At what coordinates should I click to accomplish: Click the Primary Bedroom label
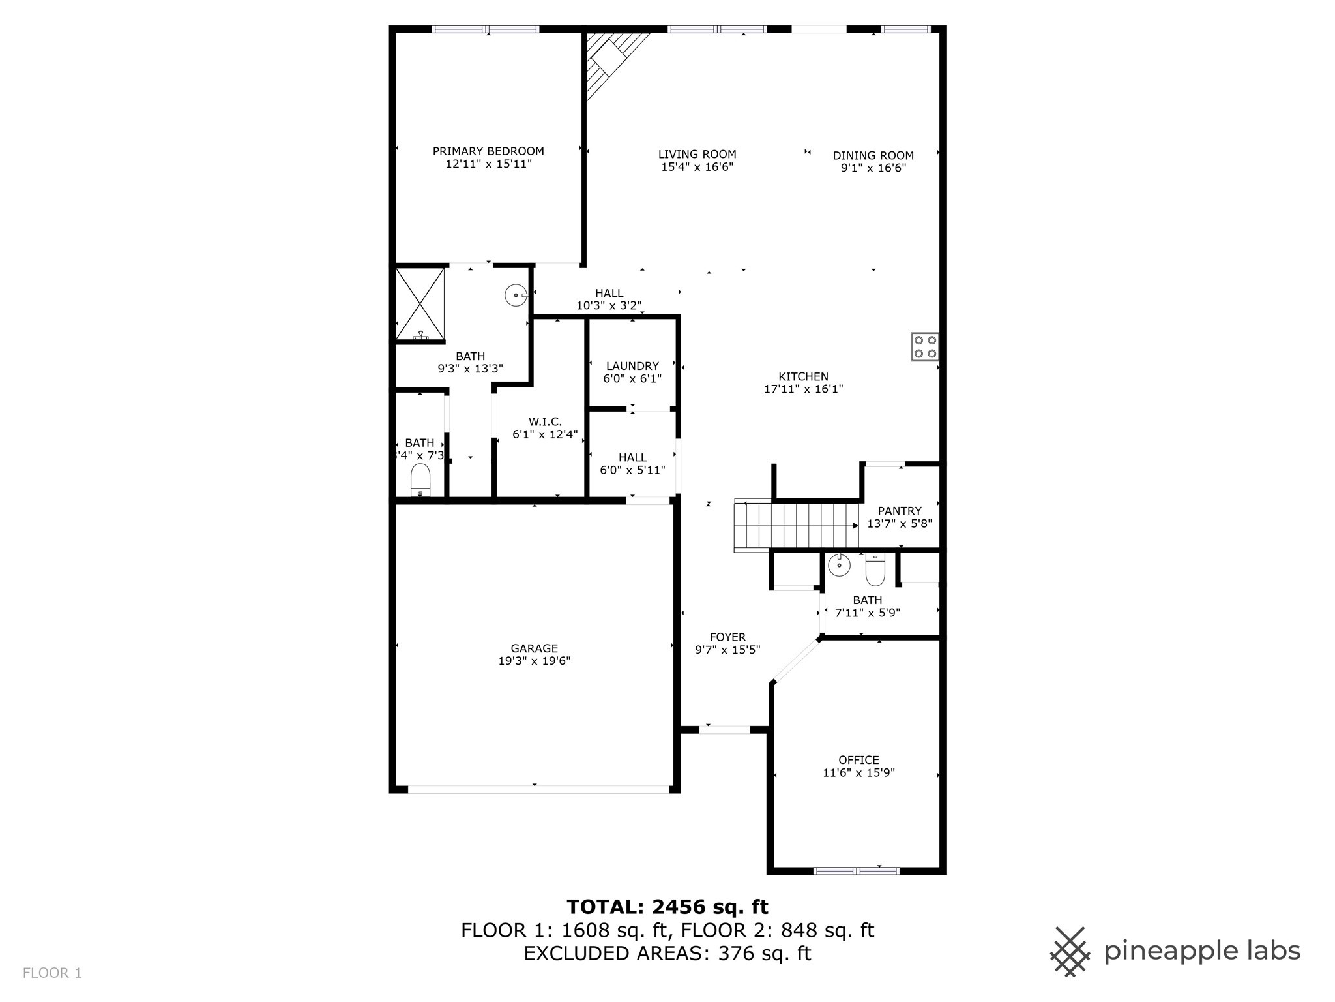point(488,151)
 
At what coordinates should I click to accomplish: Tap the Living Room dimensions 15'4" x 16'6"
point(697,167)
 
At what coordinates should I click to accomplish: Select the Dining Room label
point(873,155)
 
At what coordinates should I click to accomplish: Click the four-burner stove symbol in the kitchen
point(924,347)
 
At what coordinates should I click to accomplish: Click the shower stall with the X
point(420,304)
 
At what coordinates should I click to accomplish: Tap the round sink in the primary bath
point(516,296)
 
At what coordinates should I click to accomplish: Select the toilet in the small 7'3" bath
point(420,481)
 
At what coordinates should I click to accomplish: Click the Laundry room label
point(632,366)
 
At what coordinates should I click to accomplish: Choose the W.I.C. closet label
point(546,422)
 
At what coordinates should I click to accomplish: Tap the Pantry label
point(900,511)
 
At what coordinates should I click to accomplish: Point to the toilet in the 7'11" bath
point(875,569)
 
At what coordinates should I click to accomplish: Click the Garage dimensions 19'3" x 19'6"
point(534,661)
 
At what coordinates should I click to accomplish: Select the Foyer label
point(727,637)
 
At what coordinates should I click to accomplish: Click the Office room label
point(858,760)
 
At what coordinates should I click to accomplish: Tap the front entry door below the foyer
point(725,730)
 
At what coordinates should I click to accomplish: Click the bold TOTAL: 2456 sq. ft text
point(667,907)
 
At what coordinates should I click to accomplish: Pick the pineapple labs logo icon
point(1070,952)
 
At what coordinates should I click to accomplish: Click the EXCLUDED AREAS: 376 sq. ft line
point(667,954)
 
